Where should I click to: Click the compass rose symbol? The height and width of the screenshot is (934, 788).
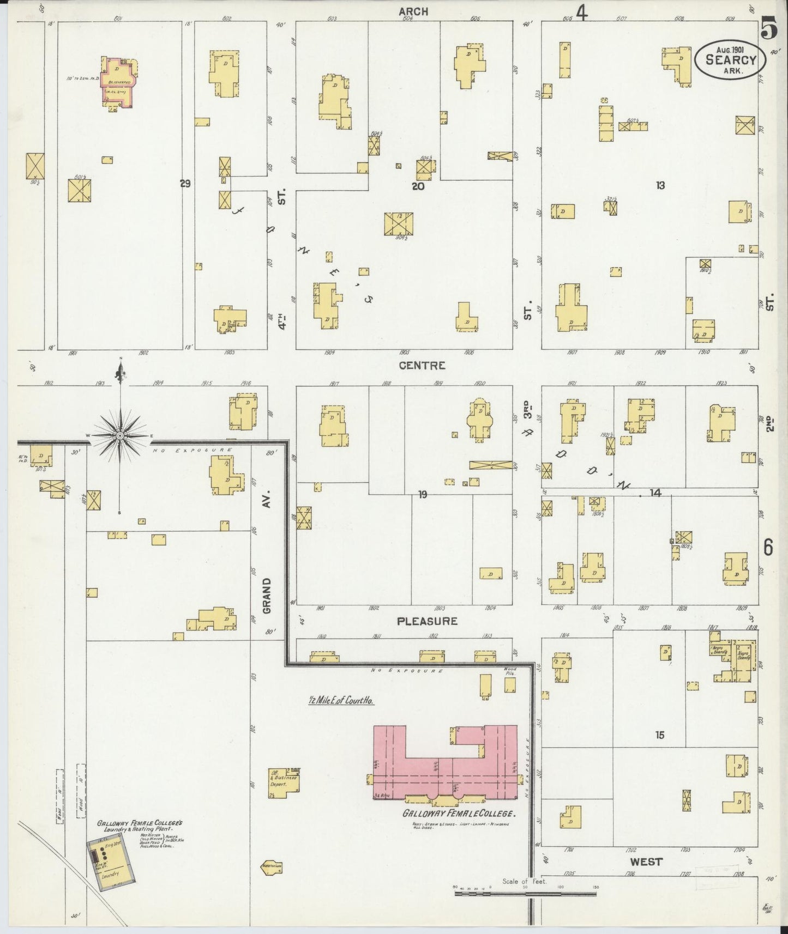pos(119,436)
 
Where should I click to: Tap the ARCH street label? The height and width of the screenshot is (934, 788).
pos(413,11)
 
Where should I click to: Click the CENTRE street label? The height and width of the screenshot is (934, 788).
pos(422,366)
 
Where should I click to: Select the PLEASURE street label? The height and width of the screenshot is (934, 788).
pos(426,621)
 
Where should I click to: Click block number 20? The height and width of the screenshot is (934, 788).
pos(418,186)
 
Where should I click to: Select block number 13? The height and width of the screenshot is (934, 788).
pos(660,186)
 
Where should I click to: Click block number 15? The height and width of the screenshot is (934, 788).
pos(660,735)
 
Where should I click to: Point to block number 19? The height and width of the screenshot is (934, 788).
pos(422,495)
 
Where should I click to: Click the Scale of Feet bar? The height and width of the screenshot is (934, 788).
pos(525,893)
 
